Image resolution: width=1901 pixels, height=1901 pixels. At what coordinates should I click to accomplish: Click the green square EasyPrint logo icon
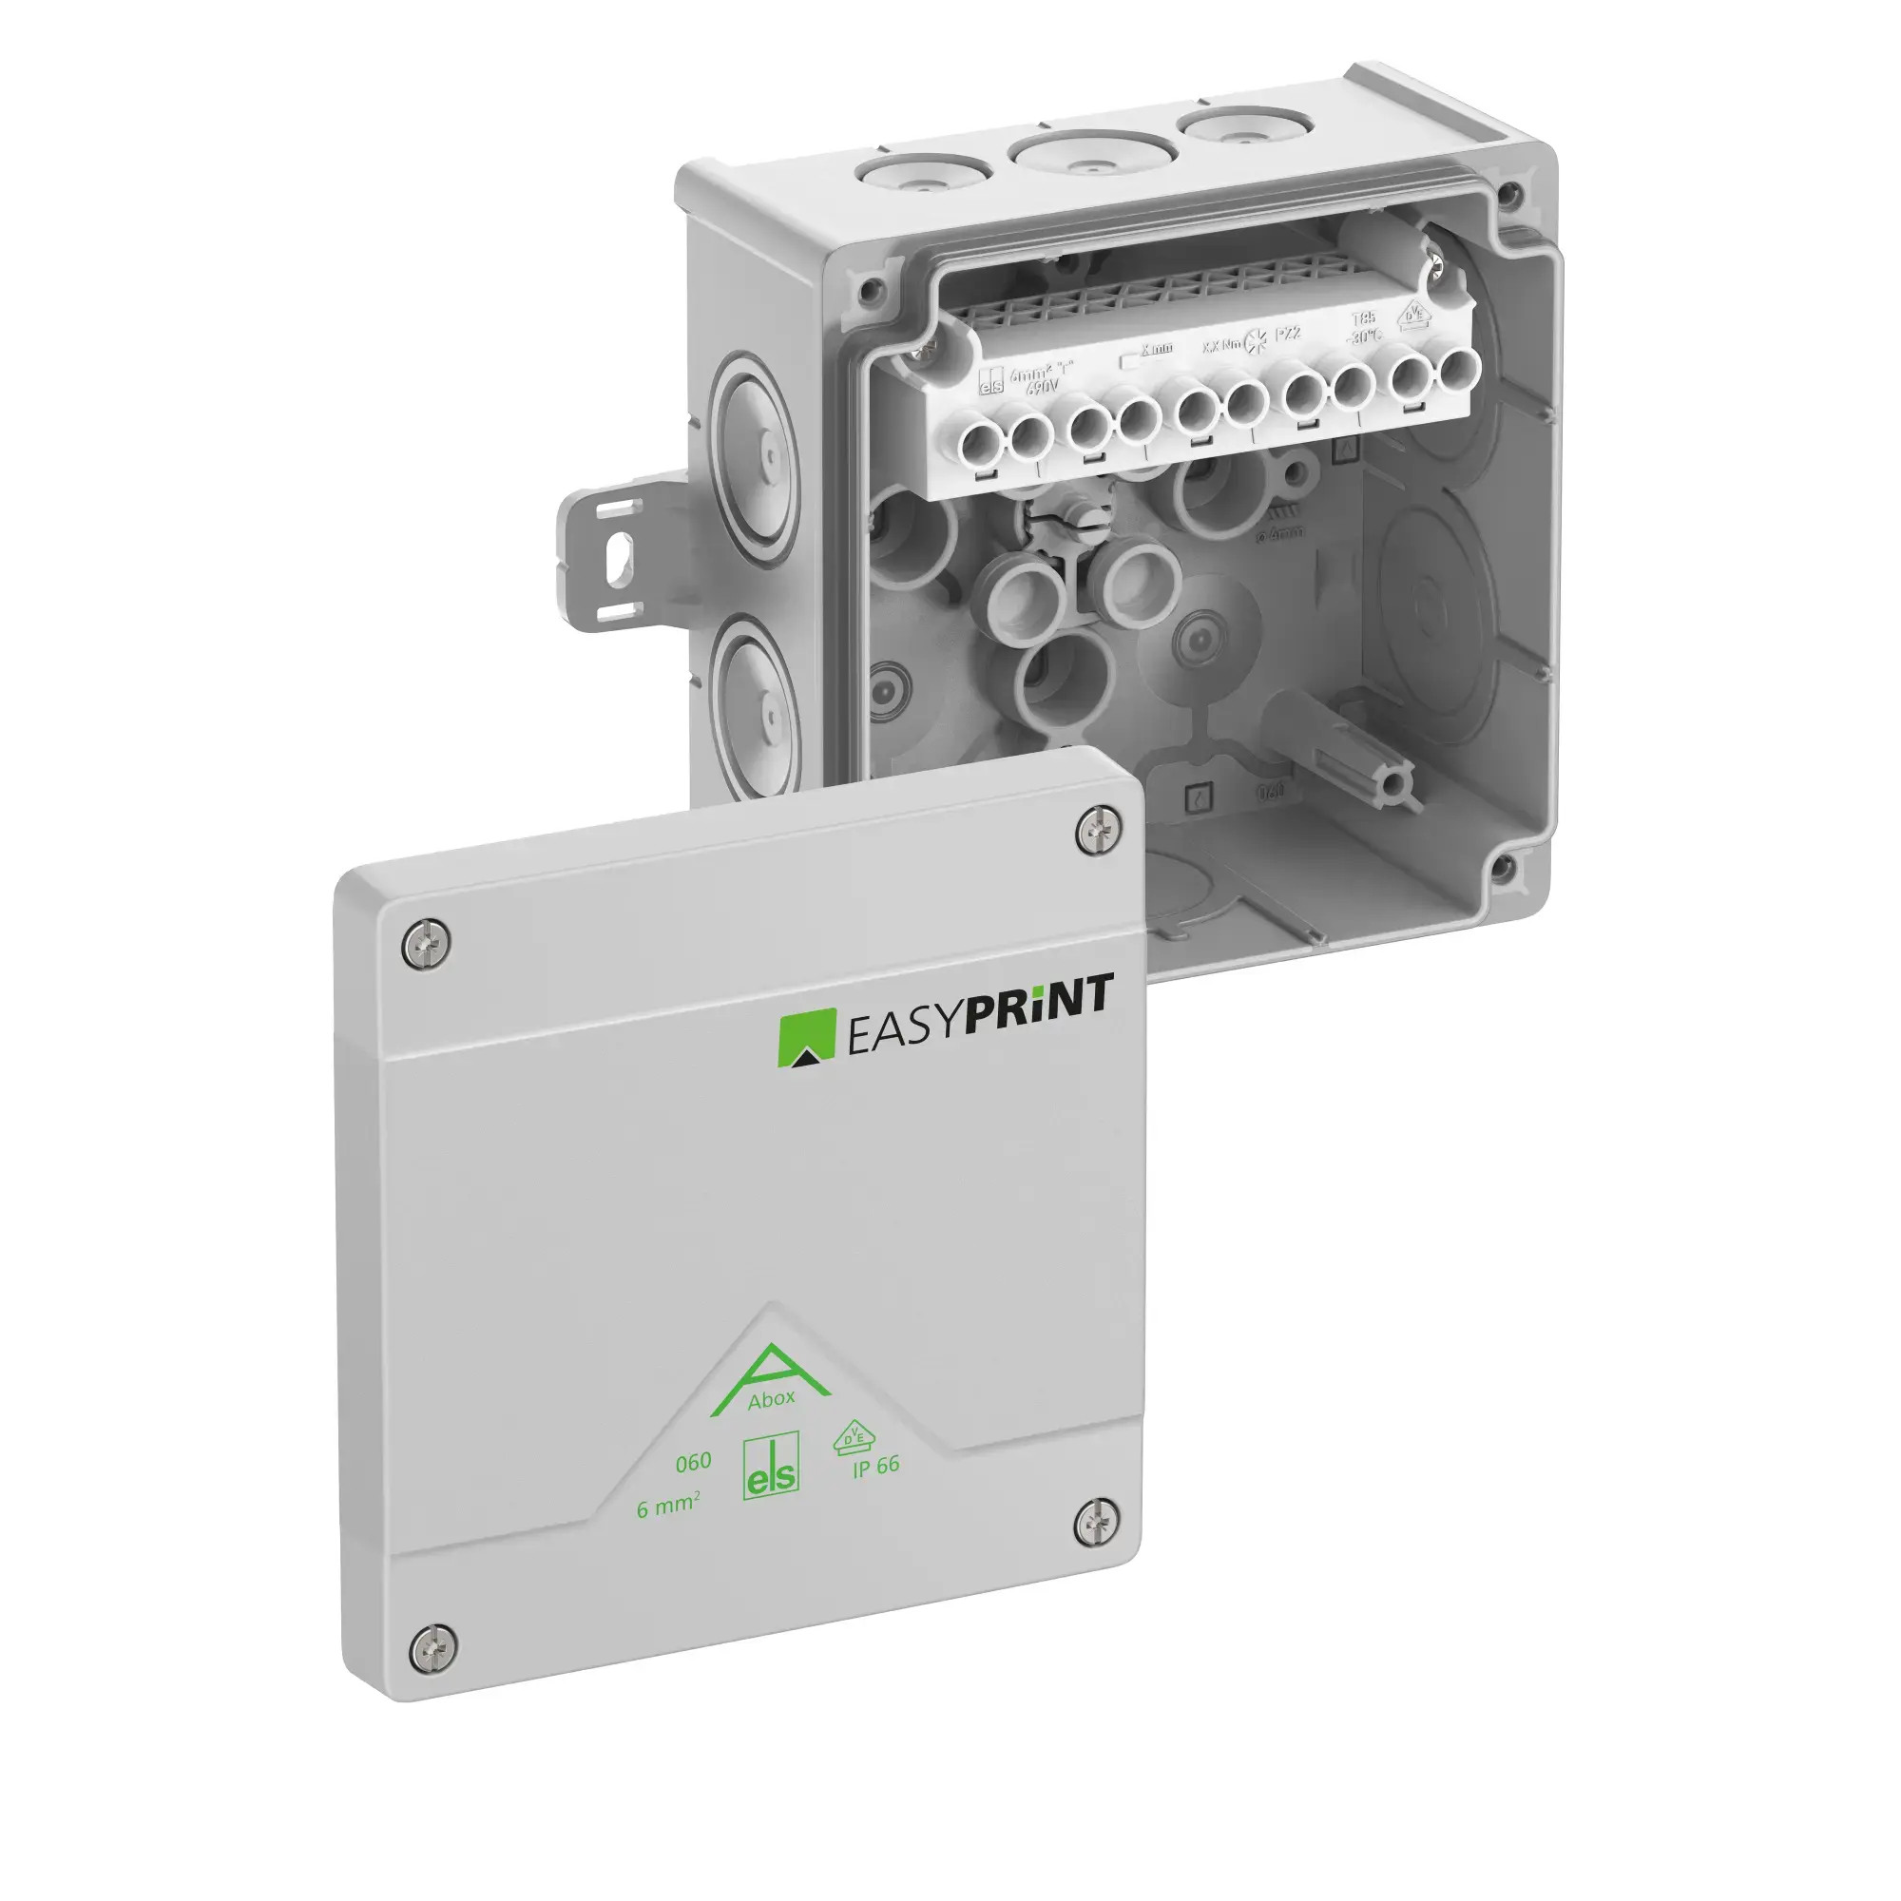point(807,1038)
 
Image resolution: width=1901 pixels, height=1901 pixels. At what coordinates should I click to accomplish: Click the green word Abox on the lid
point(771,1400)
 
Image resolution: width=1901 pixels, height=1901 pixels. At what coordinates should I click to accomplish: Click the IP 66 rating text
point(875,1466)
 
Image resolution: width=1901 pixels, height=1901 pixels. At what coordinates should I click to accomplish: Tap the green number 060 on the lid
point(693,1463)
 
